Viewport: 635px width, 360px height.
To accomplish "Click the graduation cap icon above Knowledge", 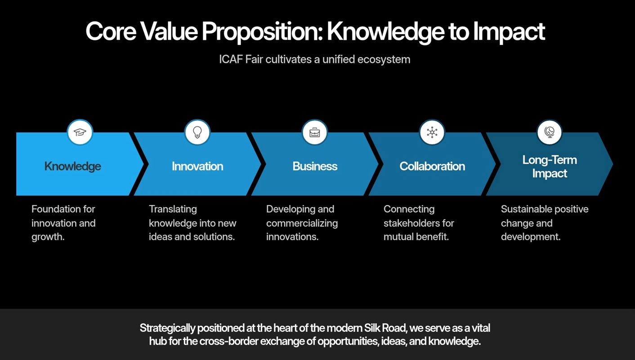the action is (x=80, y=132).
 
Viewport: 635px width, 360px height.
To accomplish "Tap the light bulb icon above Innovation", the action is (x=197, y=132).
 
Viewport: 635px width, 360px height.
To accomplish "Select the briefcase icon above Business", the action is (x=315, y=132).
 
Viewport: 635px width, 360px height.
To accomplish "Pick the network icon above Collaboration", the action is (x=432, y=132).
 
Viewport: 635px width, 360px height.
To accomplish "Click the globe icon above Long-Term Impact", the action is (x=550, y=132).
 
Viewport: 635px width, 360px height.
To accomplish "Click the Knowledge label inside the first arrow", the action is (x=72, y=166).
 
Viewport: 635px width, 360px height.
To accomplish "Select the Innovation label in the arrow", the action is (x=197, y=166).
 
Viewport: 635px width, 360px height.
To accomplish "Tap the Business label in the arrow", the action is (x=315, y=166).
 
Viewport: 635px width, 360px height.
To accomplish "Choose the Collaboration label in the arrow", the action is (x=432, y=166).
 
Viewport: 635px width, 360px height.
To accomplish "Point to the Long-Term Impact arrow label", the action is (x=550, y=167).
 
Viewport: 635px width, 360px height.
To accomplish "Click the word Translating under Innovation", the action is (x=173, y=209).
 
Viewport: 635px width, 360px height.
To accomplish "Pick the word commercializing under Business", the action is (x=302, y=223).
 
